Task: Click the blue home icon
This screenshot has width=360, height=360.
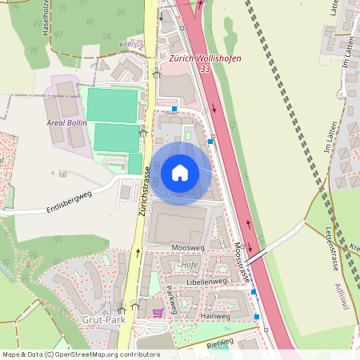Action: (x=179, y=172)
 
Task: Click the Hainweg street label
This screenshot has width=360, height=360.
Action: (x=215, y=316)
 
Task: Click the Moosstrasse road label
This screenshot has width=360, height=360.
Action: (x=242, y=264)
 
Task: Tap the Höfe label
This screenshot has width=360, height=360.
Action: (x=190, y=265)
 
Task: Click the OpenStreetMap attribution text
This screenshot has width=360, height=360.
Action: (x=80, y=354)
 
